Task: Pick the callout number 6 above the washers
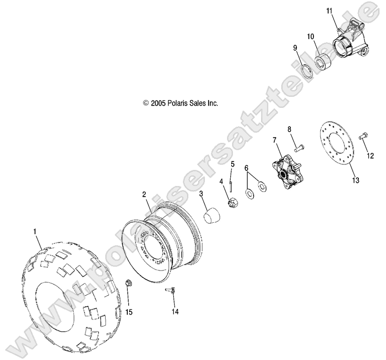pyautogui.click(x=247, y=169)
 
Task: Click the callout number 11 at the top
pyautogui.click(x=330, y=11)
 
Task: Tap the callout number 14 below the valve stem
pyautogui.click(x=175, y=311)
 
